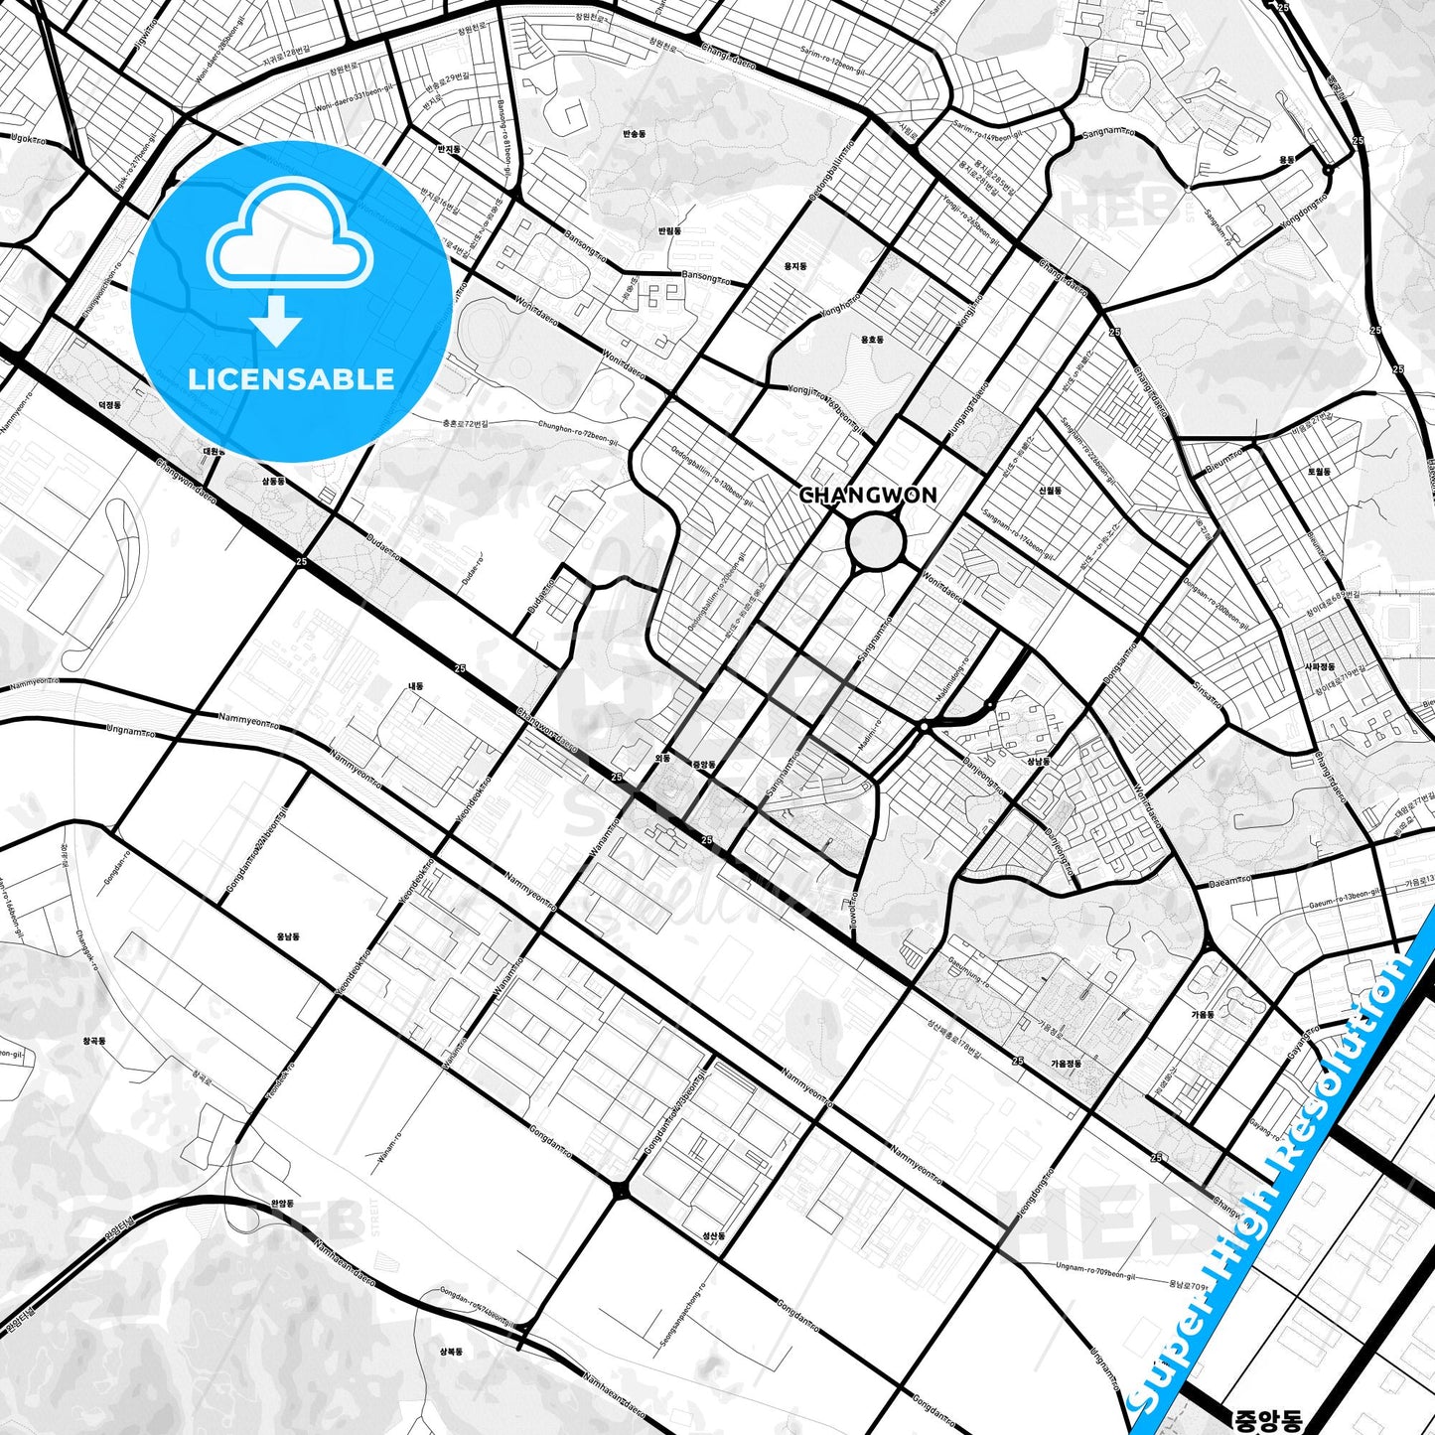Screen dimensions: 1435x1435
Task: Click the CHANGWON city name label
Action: coord(868,495)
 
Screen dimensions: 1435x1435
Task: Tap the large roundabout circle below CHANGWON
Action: coord(876,542)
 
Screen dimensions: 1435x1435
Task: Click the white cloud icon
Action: coord(289,238)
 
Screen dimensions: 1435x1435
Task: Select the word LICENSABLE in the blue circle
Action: coord(291,378)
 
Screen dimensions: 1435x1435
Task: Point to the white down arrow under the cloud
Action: coord(276,321)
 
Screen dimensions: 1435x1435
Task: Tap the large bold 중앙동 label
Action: coord(1266,1420)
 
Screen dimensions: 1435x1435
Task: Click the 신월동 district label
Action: coord(1050,491)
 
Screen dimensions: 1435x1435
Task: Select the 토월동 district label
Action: coord(1319,472)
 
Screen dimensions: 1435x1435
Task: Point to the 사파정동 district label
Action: coord(1320,667)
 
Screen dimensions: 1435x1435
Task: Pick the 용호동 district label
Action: coord(871,340)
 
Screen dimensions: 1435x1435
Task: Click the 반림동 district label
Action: coord(670,230)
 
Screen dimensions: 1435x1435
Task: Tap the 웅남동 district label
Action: coord(288,936)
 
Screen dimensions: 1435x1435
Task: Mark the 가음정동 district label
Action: coord(1066,1064)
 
